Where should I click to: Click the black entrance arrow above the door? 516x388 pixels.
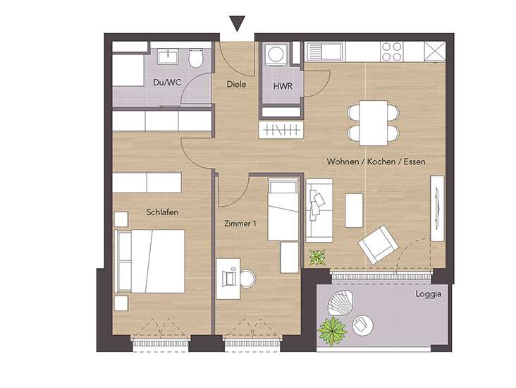click(x=237, y=24)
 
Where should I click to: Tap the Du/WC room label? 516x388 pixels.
click(x=167, y=82)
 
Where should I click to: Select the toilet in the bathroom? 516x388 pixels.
click(x=196, y=59)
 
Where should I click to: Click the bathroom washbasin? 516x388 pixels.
click(x=168, y=56)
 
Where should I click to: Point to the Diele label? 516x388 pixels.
click(x=236, y=85)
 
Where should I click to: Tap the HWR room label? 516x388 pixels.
click(x=283, y=86)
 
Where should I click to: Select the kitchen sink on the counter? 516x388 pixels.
click(x=325, y=51)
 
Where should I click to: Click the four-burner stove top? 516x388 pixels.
click(x=392, y=51)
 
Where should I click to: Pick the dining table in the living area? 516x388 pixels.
click(x=373, y=123)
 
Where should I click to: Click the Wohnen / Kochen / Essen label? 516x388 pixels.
click(x=376, y=162)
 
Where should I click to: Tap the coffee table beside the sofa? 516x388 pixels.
click(x=354, y=210)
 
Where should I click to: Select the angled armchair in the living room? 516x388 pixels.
click(x=378, y=244)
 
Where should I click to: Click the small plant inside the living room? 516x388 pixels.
click(x=317, y=257)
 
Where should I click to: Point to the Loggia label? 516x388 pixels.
click(x=428, y=294)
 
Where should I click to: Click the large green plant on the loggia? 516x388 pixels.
click(x=333, y=330)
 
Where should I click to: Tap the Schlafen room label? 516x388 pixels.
click(x=162, y=212)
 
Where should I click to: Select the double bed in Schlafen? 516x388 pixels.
click(x=149, y=261)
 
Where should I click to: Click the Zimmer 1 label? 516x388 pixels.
click(x=240, y=224)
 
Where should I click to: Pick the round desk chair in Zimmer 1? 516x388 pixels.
click(x=247, y=279)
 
